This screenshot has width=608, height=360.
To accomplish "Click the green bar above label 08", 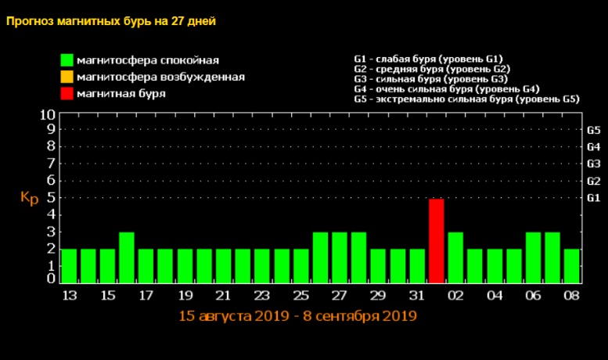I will tap(572, 265).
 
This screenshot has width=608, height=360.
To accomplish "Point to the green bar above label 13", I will tap(69, 265).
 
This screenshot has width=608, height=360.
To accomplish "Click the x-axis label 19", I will tap(185, 297).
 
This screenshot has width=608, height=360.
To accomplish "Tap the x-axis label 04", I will tap(495, 297).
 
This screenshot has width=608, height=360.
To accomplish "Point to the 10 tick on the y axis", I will tap(47, 114).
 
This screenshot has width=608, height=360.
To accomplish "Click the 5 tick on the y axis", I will tap(51, 197).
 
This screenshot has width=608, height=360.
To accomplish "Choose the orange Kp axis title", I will tap(29, 198).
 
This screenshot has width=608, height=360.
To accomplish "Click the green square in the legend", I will tap(67, 60).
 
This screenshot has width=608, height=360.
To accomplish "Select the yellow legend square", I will tap(67, 77).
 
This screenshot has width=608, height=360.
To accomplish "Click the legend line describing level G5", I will tap(466, 99).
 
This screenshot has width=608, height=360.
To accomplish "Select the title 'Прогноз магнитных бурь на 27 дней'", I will tap(111, 21).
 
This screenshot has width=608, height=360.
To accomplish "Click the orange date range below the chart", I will tap(297, 316).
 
